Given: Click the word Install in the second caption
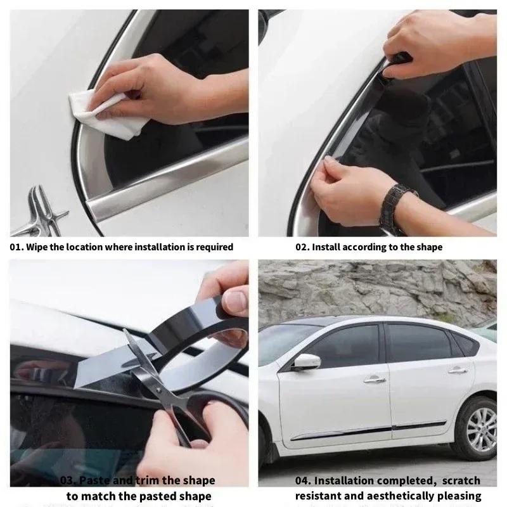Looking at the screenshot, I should tap(328, 247).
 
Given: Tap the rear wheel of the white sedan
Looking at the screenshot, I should tap(474, 427).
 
